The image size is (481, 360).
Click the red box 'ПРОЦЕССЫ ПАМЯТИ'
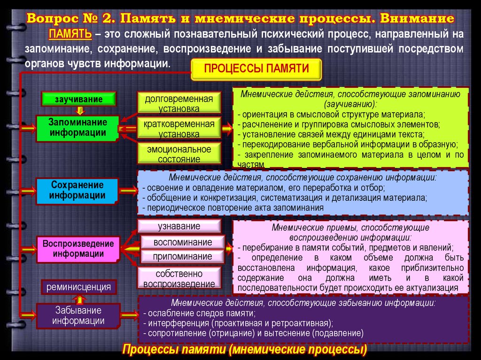click(x=256, y=69)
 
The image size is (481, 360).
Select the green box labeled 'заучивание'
click(x=79, y=99)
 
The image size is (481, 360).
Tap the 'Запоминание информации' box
click(x=78, y=127)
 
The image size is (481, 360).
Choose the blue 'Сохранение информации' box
click(x=78, y=190)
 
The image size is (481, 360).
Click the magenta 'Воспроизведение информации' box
click(x=78, y=249)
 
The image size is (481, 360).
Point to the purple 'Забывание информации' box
click(x=78, y=316)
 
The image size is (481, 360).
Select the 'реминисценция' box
click(x=78, y=286)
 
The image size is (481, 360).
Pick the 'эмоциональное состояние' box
click(x=179, y=154)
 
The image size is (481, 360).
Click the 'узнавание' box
click(x=179, y=226)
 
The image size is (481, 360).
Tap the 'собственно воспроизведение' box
click(x=179, y=278)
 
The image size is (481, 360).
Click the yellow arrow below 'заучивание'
click(x=79, y=110)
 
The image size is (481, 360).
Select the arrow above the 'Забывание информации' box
click(x=79, y=299)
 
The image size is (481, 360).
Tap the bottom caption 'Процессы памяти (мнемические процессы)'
click(x=244, y=350)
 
